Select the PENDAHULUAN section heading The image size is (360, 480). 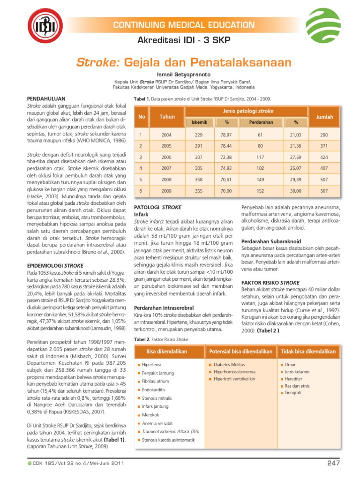[44, 99]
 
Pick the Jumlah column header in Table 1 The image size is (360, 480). [324, 116]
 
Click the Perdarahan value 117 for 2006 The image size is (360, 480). [261, 157]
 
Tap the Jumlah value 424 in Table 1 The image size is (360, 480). [324, 157]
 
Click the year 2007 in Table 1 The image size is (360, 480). [166, 168]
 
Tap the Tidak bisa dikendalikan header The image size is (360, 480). [308, 351]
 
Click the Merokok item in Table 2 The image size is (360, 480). [150, 415]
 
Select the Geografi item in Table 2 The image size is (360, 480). [294, 392]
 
